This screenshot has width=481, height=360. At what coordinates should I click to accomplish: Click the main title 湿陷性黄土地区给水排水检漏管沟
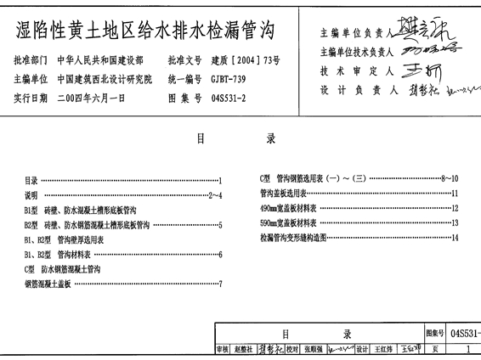(147, 32)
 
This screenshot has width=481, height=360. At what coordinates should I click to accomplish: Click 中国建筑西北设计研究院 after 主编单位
(105, 79)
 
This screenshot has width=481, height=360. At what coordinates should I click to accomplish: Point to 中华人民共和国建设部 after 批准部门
(99, 62)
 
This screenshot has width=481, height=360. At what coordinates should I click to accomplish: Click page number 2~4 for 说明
(214, 195)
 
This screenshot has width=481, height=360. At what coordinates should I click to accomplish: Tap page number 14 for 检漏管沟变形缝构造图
(456, 238)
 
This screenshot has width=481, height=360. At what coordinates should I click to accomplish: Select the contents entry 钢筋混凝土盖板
(48, 283)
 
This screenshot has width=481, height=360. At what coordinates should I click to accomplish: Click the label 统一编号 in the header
(184, 79)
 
